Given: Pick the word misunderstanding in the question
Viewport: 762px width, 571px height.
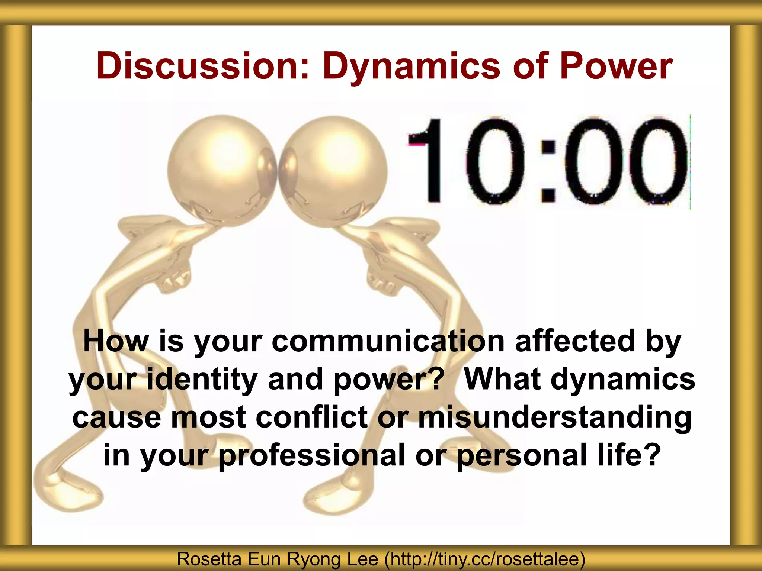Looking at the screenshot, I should click(x=554, y=417).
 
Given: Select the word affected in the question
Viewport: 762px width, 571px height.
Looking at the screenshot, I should click(x=575, y=341).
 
